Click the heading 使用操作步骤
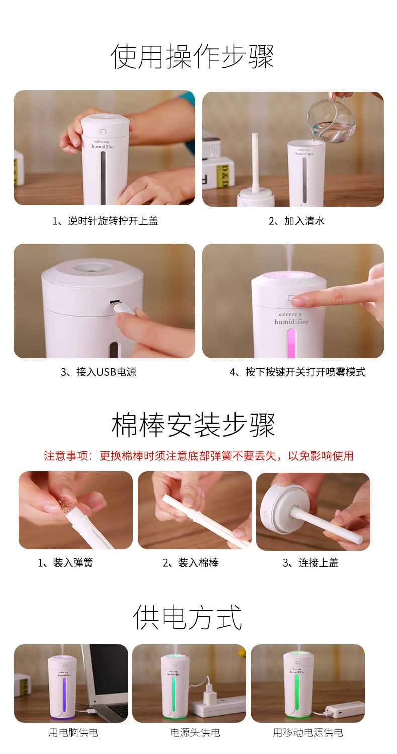click(192, 56)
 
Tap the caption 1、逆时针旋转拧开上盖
click(105, 221)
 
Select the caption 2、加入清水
click(296, 221)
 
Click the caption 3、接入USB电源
click(98, 372)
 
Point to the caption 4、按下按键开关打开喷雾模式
click(297, 372)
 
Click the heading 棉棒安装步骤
click(193, 424)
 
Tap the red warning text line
click(199, 456)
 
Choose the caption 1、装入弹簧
click(65, 562)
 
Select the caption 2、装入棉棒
click(190, 562)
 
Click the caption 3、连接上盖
click(311, 562)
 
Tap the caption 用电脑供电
click(73, 732)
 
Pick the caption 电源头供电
click(195, 732)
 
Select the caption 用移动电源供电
click(308, 732)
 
